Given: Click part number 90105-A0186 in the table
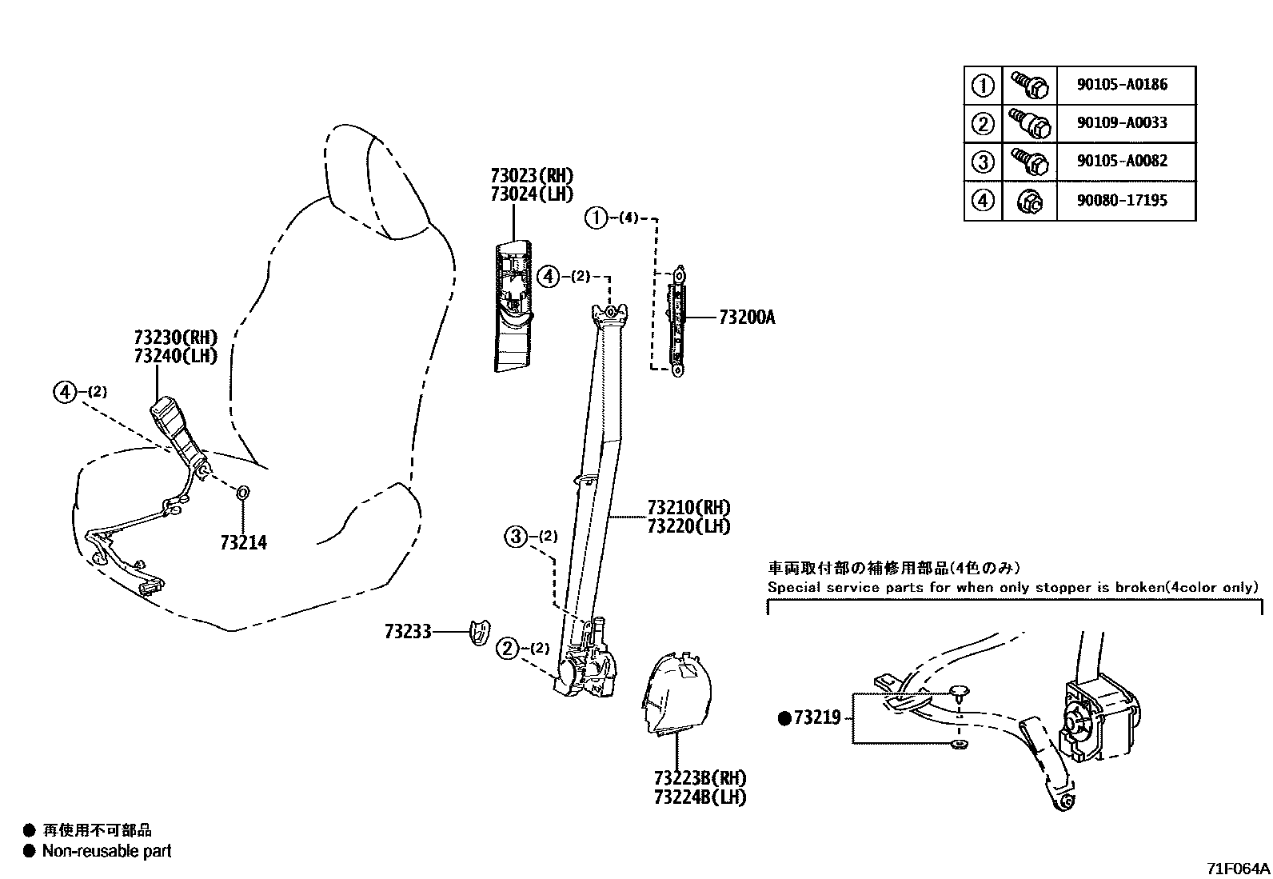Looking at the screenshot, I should click(1122, 84).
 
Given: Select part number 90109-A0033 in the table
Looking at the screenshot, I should click(1122, 122).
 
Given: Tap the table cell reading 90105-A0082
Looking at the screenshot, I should click(1122, 160).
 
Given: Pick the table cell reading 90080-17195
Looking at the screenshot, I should click(1122, 200).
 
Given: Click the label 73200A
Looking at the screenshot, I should click(747, 318).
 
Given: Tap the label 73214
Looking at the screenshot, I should click(243, 543).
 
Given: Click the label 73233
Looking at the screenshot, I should click(407, 633).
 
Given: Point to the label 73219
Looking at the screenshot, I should click(816, 717).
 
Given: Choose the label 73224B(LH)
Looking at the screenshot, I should click(700, 797).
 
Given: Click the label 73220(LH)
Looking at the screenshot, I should click(688, 526).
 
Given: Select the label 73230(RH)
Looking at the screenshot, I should click(175, 337).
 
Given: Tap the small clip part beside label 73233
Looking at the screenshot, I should click(478, 630).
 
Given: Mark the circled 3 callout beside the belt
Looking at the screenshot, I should click(516, 537).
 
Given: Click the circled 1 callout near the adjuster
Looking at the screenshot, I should click(597, 217).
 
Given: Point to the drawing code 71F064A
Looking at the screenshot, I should click(1238, 868).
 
